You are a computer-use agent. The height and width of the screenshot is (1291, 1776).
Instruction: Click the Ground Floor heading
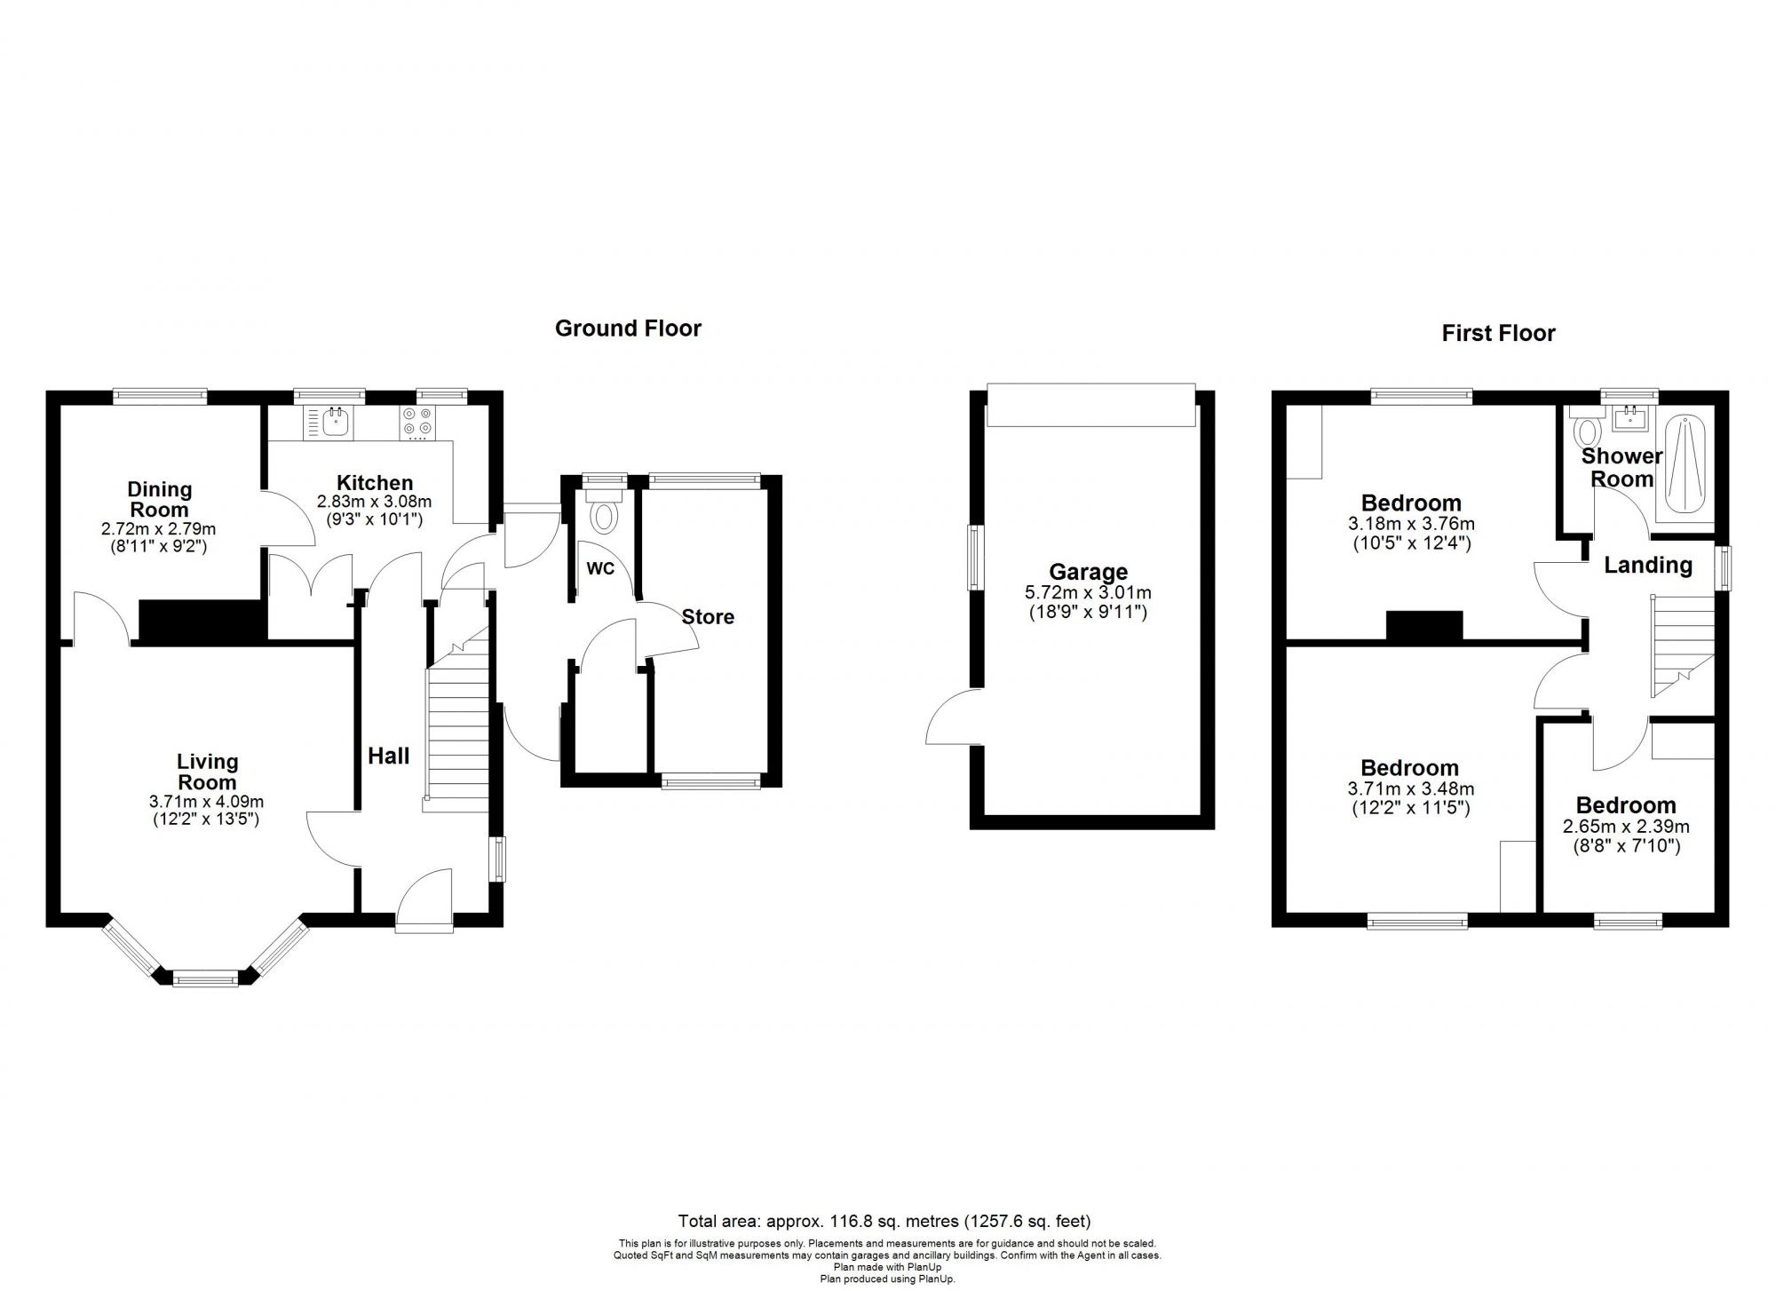tap(628, 329)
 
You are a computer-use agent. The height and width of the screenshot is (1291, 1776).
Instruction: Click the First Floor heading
tap(1498, 333)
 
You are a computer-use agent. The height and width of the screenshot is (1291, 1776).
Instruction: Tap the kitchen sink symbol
tap(336, 422)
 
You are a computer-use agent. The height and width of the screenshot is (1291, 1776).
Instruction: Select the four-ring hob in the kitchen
tap(418, 422)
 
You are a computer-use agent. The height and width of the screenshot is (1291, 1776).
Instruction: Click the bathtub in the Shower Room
tap(1685, 466)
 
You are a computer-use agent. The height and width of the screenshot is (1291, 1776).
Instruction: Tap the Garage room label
tap(1088, 572)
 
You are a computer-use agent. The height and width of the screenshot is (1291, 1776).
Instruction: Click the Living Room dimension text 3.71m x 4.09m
tap(206, 801)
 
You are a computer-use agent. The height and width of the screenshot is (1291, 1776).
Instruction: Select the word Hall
tap(388, 756)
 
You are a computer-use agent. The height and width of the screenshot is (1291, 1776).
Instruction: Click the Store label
tap(708, 617)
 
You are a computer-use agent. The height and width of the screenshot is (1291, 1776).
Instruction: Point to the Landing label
tap(1647, 565)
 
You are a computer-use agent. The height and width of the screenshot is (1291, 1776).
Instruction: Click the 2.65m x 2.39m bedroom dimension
tap(1626, 827)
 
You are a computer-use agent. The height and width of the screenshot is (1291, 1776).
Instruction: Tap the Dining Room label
tap(159, 499)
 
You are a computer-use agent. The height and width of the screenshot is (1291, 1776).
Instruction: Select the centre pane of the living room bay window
tap(205, 979)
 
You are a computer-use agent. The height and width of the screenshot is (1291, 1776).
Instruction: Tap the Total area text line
tap(884, 1221)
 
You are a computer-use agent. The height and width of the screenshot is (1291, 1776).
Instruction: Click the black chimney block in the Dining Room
tap(202, 621)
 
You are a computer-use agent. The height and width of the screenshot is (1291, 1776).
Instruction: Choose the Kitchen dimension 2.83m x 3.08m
tap(374, 502)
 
